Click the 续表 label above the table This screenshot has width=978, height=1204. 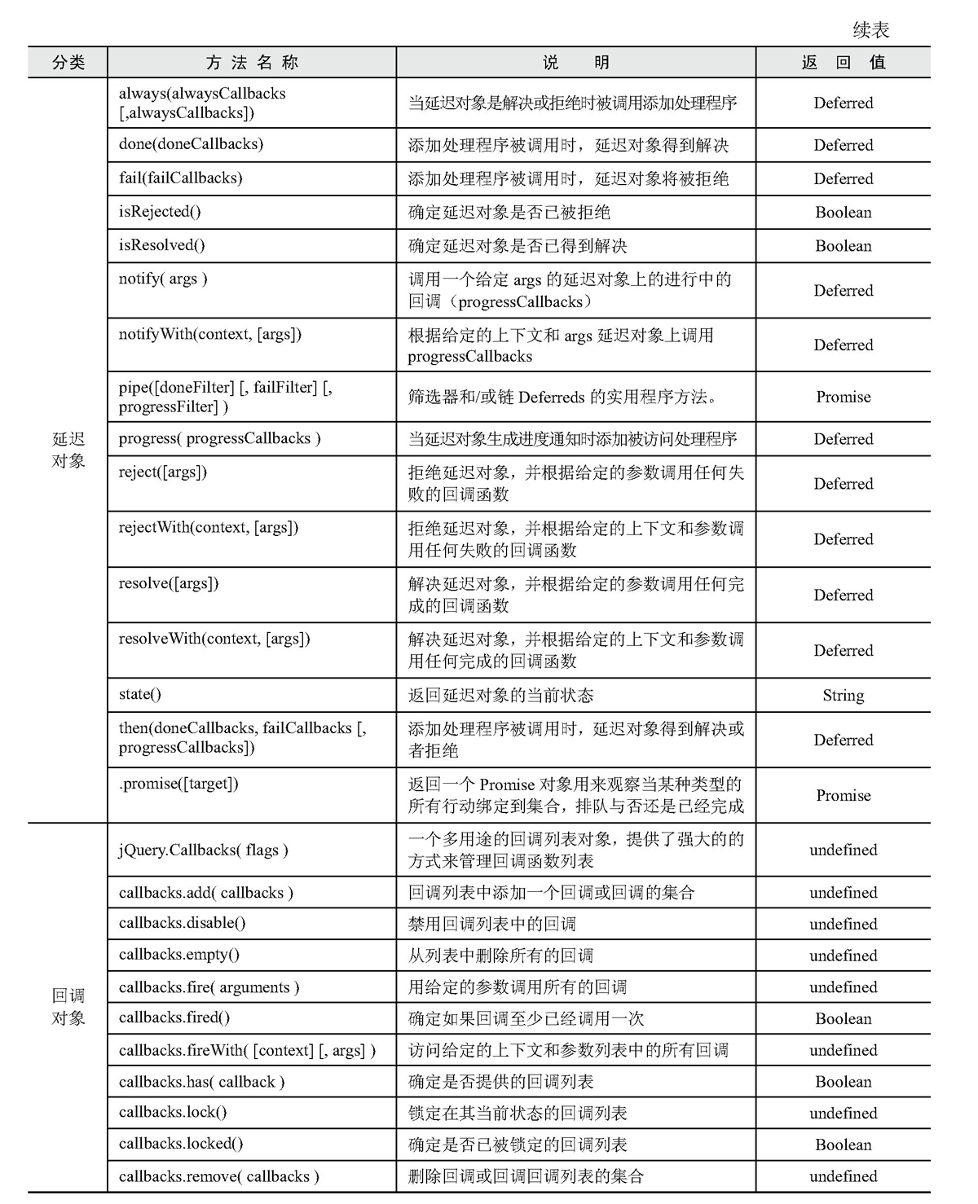(x=870, y=30)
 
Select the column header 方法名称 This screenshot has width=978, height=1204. (x=252, y=63)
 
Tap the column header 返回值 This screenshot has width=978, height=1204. (x=843, y=63)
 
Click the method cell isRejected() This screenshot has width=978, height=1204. (x=160, y=212)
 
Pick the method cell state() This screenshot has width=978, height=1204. (x=140, y=694)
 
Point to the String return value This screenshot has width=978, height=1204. (x=843, y=695)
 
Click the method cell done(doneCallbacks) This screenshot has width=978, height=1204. (x=191, y=144)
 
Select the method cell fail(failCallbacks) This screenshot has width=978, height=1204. (x=180, y=178)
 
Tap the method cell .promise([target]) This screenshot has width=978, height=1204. (x=178, y=784)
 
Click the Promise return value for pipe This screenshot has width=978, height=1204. (x=843, y=397)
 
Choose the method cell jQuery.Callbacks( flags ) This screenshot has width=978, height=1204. (x=203, y=850)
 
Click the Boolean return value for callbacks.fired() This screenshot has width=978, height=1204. (x=843, y=1018)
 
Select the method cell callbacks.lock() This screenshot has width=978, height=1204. (x=173, y=1112)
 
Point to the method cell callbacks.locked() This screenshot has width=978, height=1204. (x=181, y=1144)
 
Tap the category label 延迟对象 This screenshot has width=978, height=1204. (x=68, y=450)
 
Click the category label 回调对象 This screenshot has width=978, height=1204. (x=68, y=1007)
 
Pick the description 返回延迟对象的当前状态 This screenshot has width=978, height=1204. (x=500, y=695)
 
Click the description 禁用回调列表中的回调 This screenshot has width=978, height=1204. (x=491, y=924)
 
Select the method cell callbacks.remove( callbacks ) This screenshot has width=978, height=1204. (x=218, y=1176)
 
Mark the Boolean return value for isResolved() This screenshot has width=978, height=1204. (x=843, y=245)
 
